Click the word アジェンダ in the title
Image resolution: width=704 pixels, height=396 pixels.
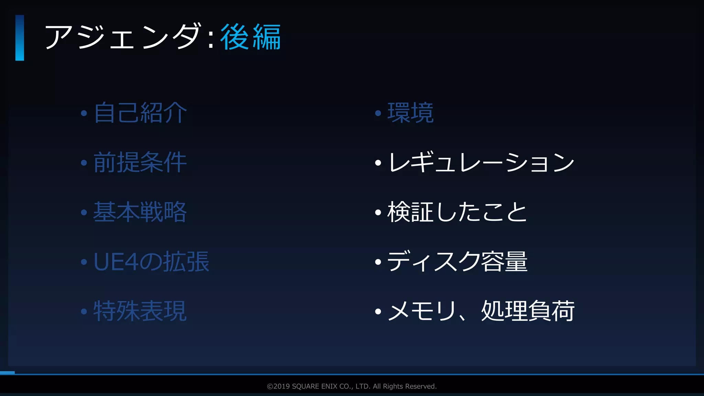(x=122, y=37)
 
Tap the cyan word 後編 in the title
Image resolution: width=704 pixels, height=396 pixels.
(x=250, y=37)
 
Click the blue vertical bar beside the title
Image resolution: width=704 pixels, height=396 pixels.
(x=20, y=38)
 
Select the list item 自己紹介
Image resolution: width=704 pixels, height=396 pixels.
(x=140, y=113)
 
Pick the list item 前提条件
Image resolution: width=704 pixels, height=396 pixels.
(x=140, y=162)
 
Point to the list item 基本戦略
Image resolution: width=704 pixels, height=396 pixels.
(x=140, y=212)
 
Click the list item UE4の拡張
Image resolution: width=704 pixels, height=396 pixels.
(x=151, y=262)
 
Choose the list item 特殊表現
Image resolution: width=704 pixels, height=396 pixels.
(x=140, y=311)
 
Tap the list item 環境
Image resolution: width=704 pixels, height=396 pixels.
(x=410, y=113)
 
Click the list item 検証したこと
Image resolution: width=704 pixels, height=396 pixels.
(x=457, y=212)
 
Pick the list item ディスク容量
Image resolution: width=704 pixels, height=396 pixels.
(x=457, y=262)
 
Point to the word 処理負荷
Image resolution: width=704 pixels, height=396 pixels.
(x=528, y=311)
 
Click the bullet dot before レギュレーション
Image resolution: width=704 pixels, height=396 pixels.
(x=378, y=163)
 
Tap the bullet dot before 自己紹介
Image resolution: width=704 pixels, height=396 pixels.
(x=84, y=113)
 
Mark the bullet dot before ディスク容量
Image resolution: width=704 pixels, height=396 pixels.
(x=378, y=262)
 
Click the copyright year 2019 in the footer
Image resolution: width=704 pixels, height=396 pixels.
(x=282, y=386)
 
